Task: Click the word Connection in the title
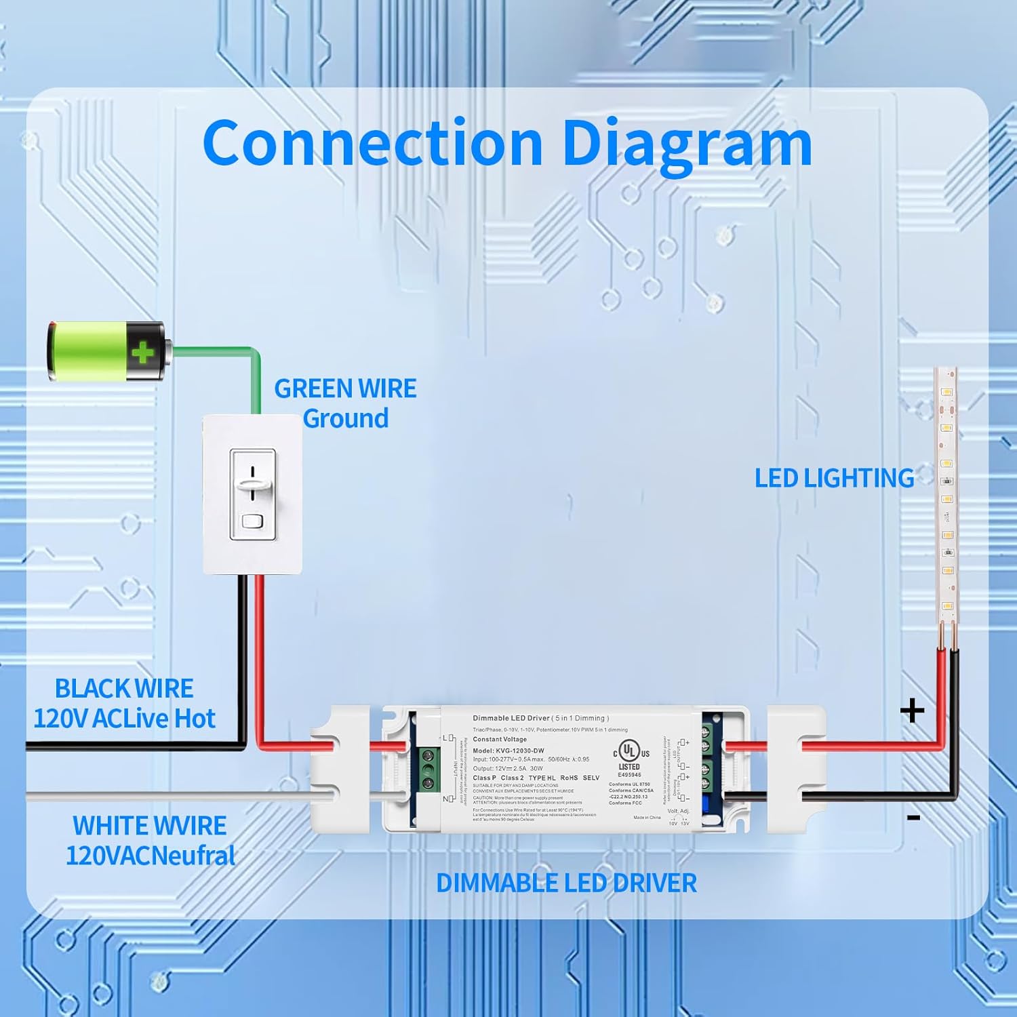click(x=372, y=143)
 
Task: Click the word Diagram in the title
click(x=687, y=143)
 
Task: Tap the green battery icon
click(x=106, y=351)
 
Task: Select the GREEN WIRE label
click(x=345, y=388)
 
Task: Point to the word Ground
click(x=346, y=419)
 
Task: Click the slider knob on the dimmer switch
click(x=253, y=483)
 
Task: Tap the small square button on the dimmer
click(x=252, y=521)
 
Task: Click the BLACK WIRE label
click(x=124, y=689)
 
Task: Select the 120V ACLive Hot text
click(x=124, y=719)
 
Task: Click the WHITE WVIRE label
click(x=149, y=826)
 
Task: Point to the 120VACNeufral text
click(x=151, y=856)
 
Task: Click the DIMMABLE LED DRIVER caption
click(x=566, y=883)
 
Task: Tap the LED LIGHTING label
click(x=834, y=479)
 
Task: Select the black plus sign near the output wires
click(x=912, y=711)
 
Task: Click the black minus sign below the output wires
click(x=913, y=818)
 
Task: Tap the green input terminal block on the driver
click(x=427, y=769)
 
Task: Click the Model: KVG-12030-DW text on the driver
click(x=508, y=751)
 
